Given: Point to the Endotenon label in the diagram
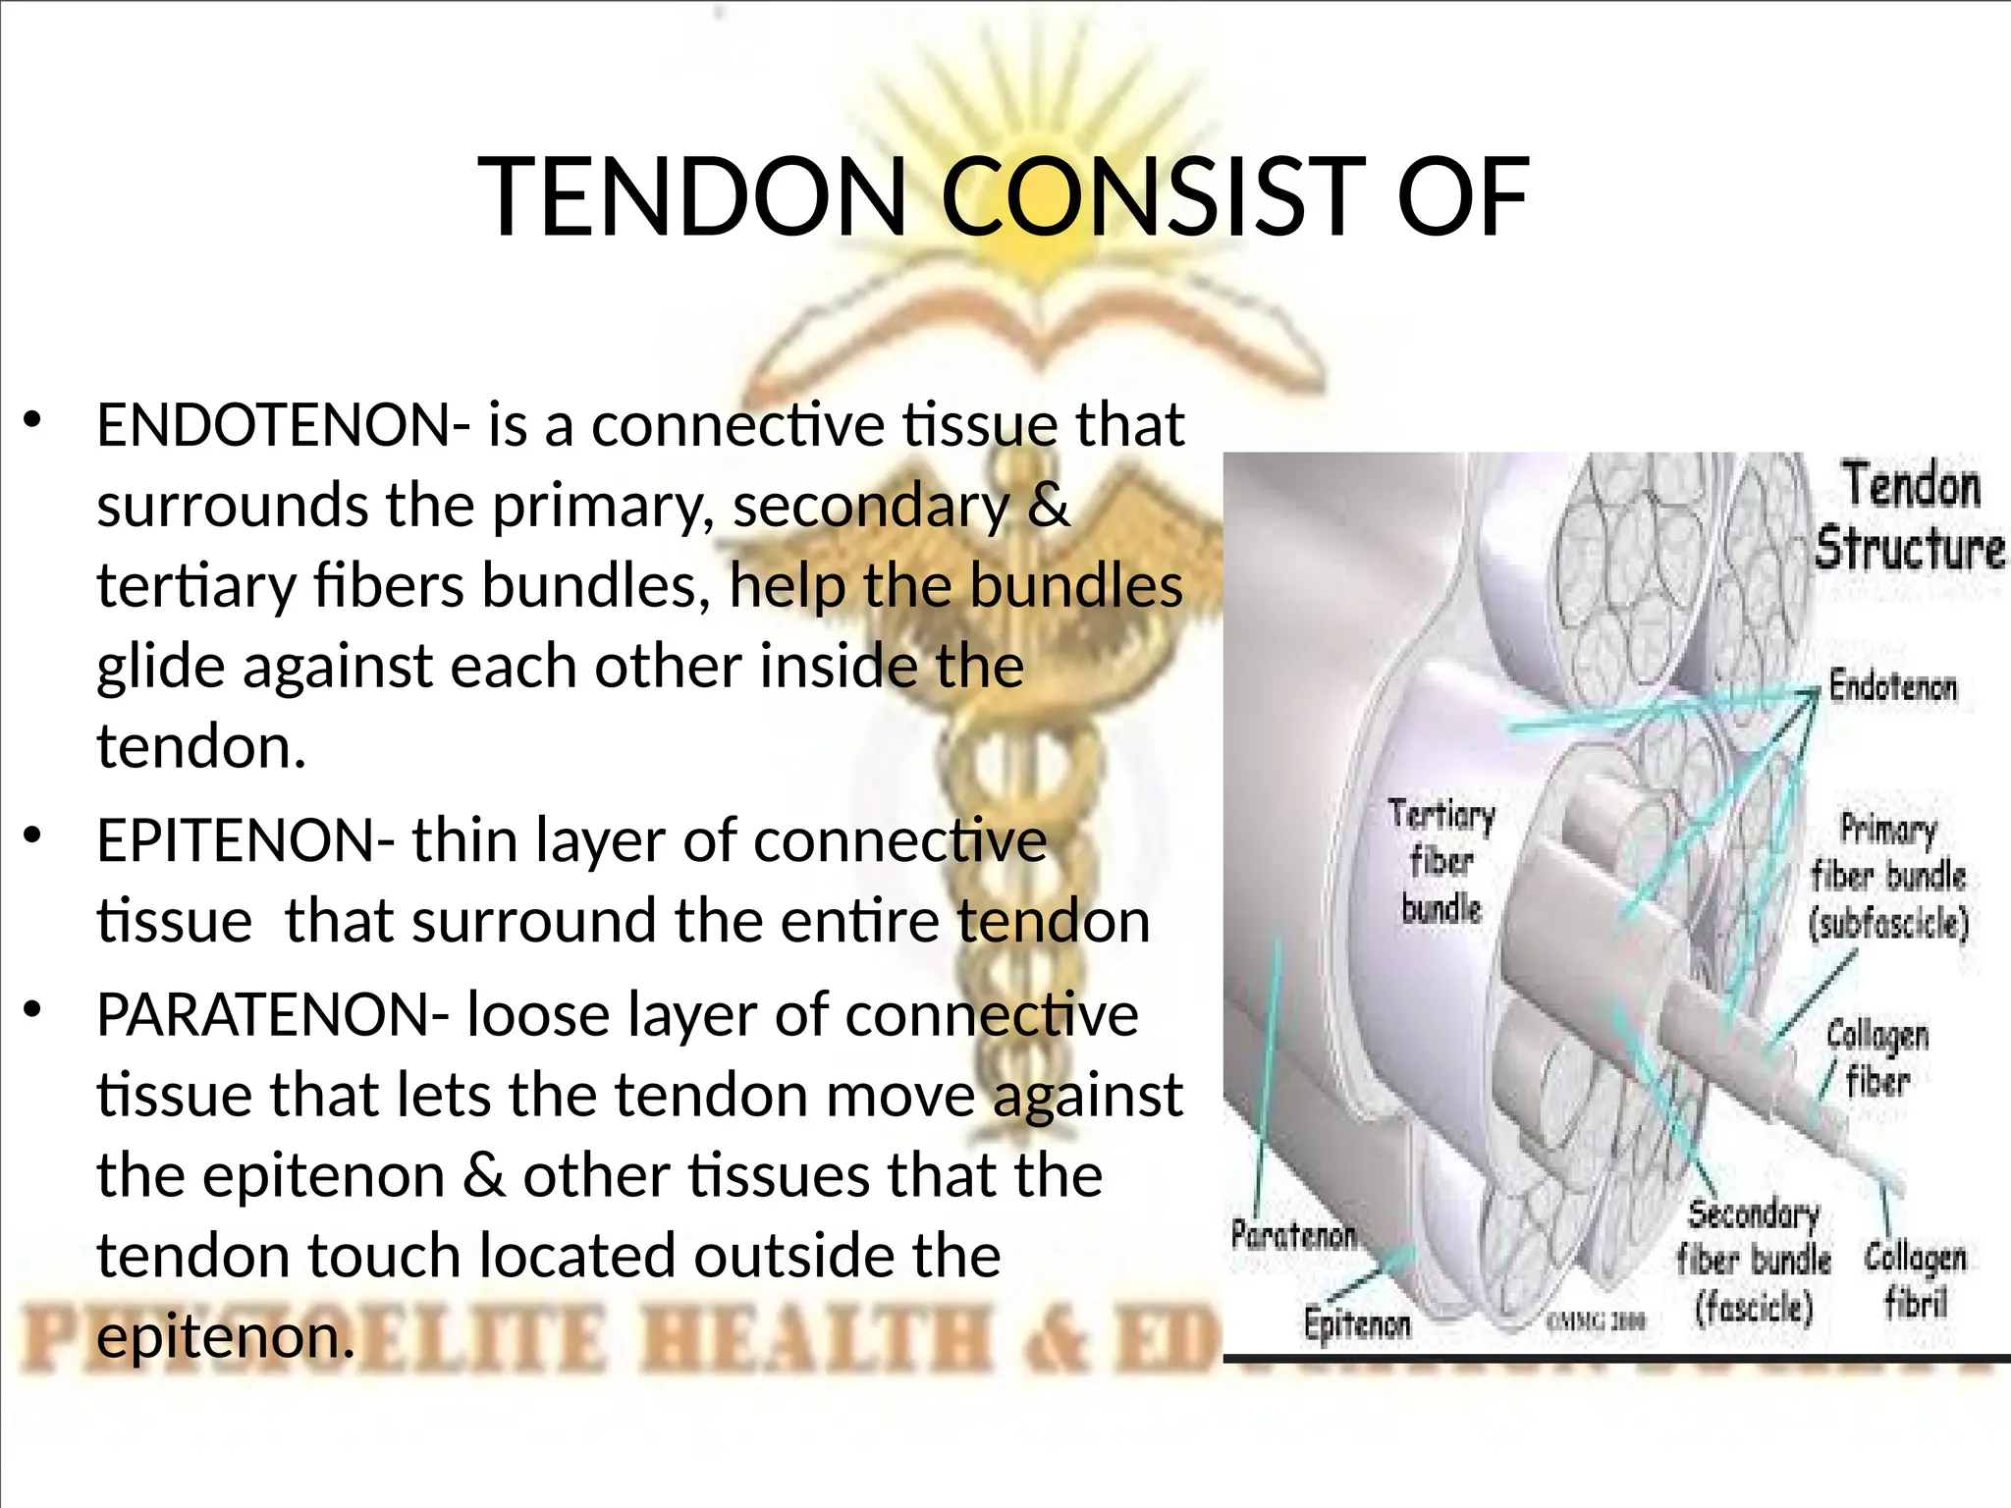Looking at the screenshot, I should [1891, 686].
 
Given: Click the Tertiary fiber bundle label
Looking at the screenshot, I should [1440, 861].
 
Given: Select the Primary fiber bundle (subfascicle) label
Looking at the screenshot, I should [1887, 876].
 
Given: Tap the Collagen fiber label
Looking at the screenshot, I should [1876, 1057].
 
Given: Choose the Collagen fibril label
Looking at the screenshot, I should [1914, 1280].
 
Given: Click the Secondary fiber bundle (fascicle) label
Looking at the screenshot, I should [1753, 1261].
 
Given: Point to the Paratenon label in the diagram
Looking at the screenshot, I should [1292, 1234].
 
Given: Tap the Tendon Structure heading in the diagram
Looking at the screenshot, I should [1908, 516].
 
